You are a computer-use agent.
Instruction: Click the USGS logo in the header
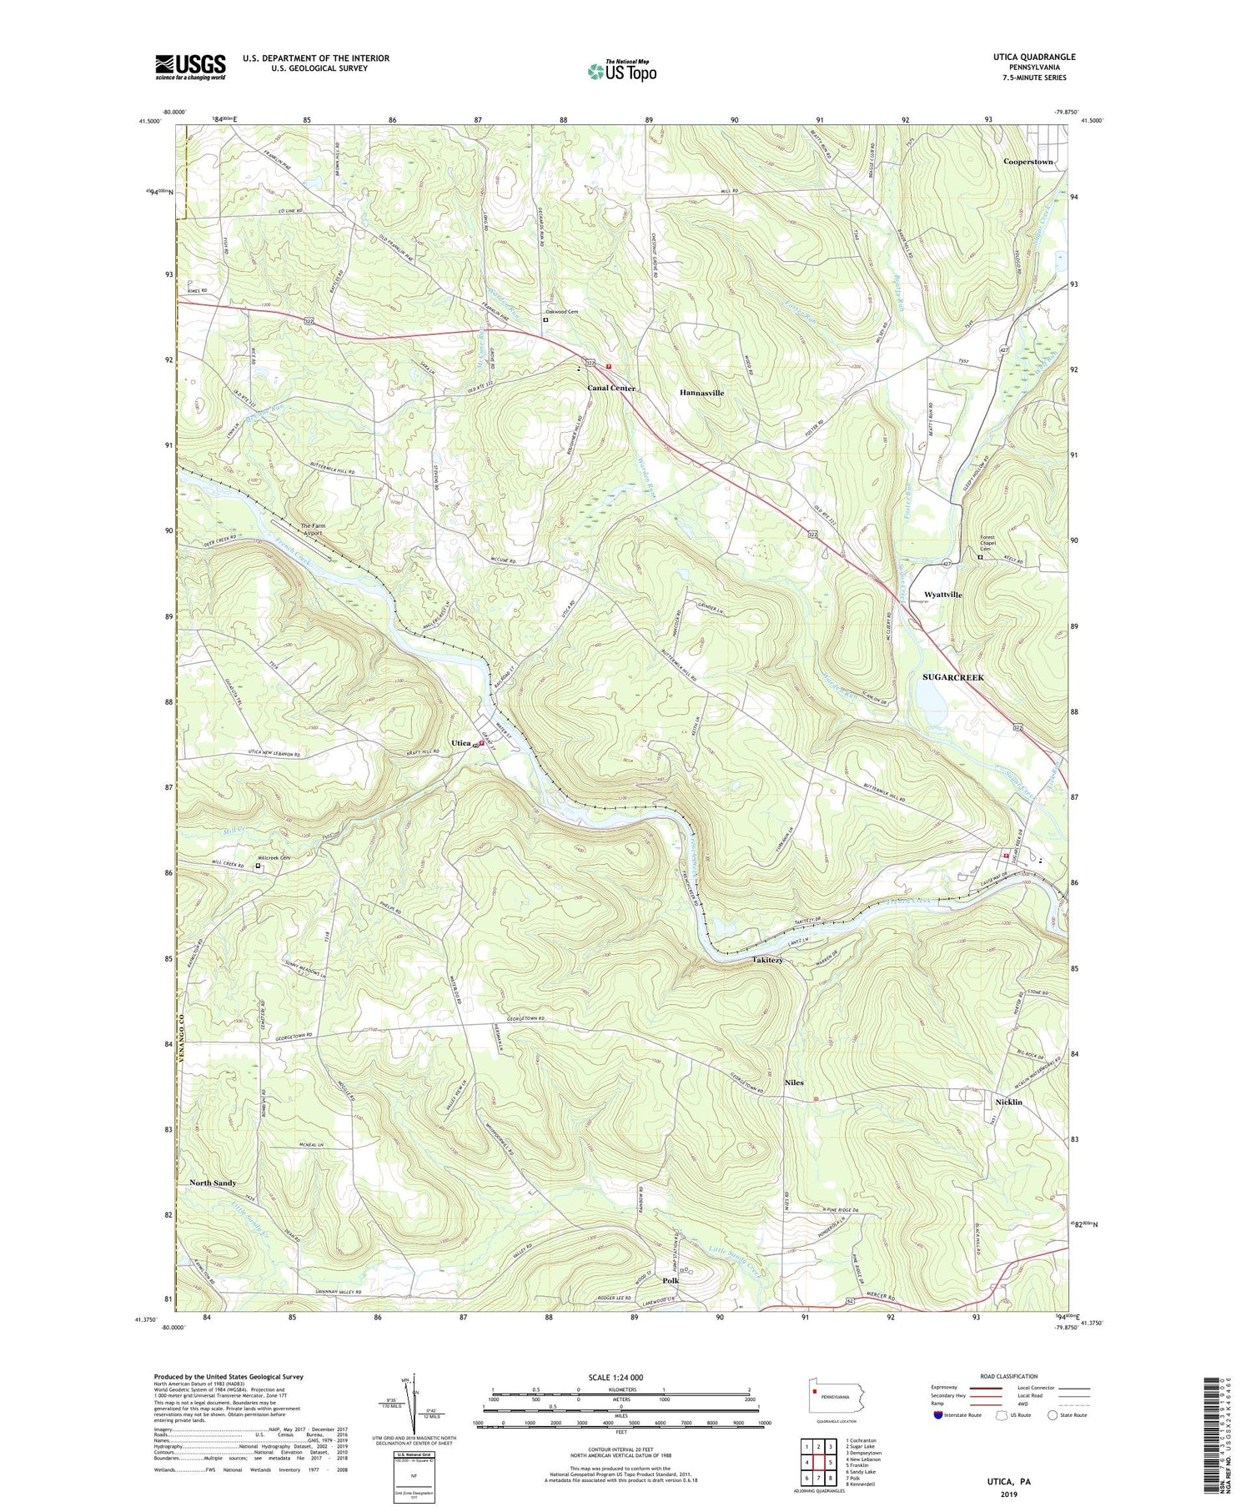click(x=190, y=67)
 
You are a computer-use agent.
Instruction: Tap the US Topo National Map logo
click(x=621, y=71)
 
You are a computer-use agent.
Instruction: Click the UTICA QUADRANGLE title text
click(x=1029, y=57)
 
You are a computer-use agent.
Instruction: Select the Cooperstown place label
click(x=1028, y=162)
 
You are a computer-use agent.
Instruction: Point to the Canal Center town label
click(x=611, y=389)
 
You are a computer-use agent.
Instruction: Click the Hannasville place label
click(x=701, y=392)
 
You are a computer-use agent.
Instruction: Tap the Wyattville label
click(x=943, y=595)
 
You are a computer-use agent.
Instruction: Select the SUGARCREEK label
click(x=953, y=677)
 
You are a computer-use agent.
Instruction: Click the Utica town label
click(x=461, y=742)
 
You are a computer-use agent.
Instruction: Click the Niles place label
click(x=794, y=1083)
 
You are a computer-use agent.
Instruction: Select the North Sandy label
click(x=213, y=1183)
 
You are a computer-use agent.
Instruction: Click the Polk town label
click(x=671, y=1280)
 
